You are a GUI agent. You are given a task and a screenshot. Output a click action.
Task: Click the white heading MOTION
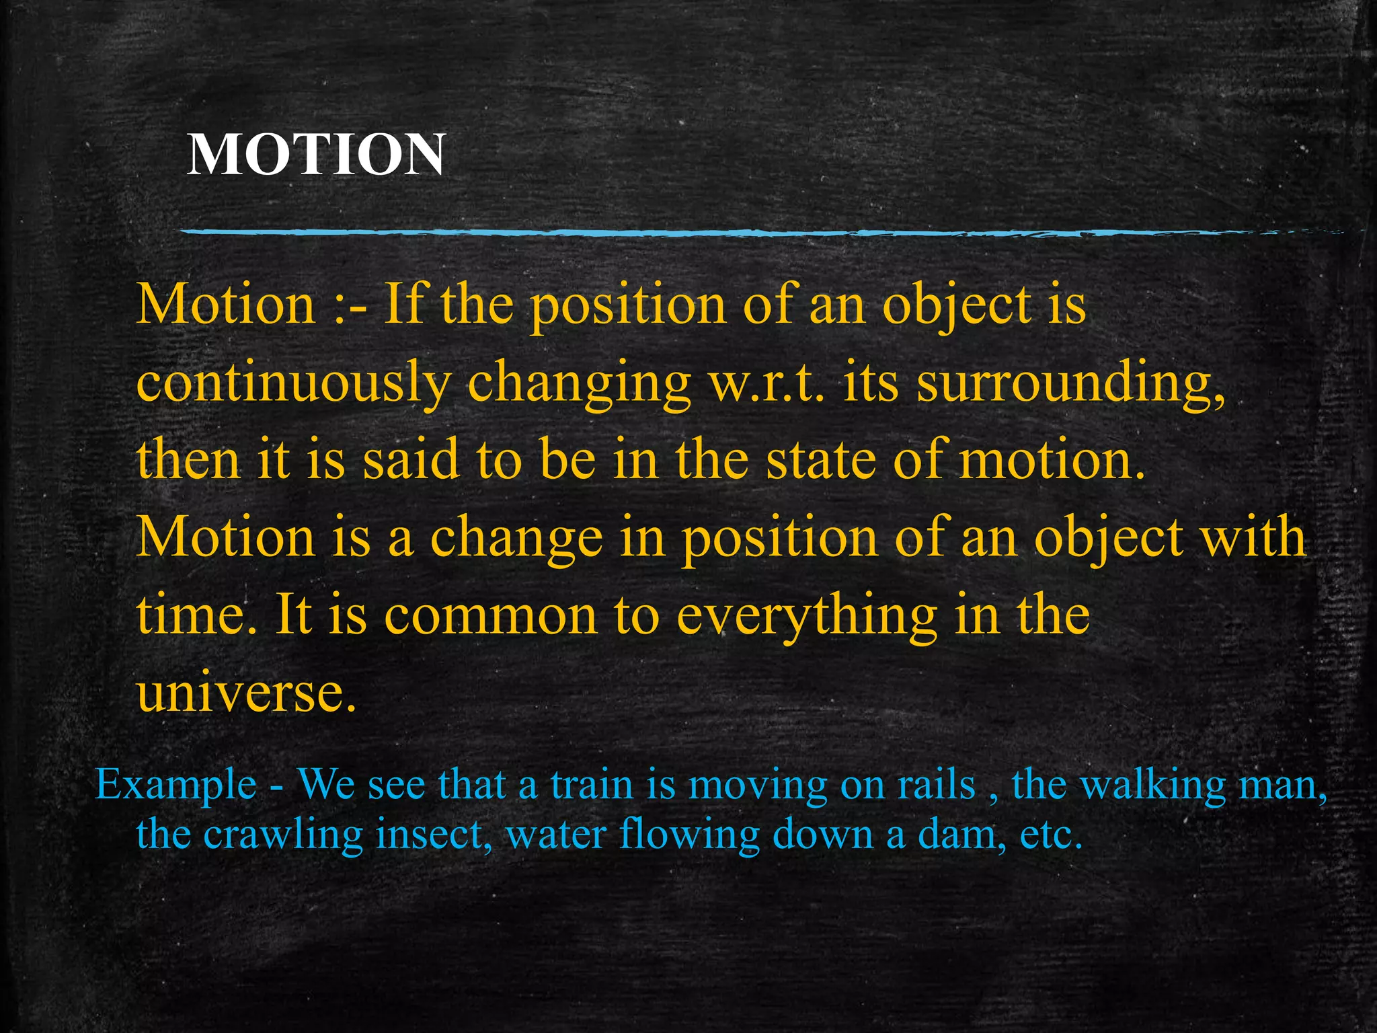point(315,155)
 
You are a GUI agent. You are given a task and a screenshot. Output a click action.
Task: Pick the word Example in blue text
point(176,784)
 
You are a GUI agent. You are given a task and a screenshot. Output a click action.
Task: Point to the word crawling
point(282,835)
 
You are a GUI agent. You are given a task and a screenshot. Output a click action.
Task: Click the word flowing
point(689,835)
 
